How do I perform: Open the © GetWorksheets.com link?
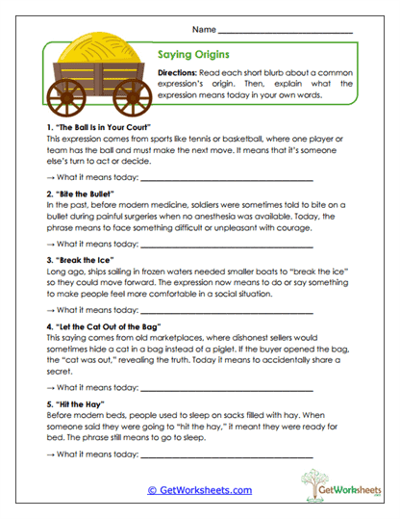point(199,490)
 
